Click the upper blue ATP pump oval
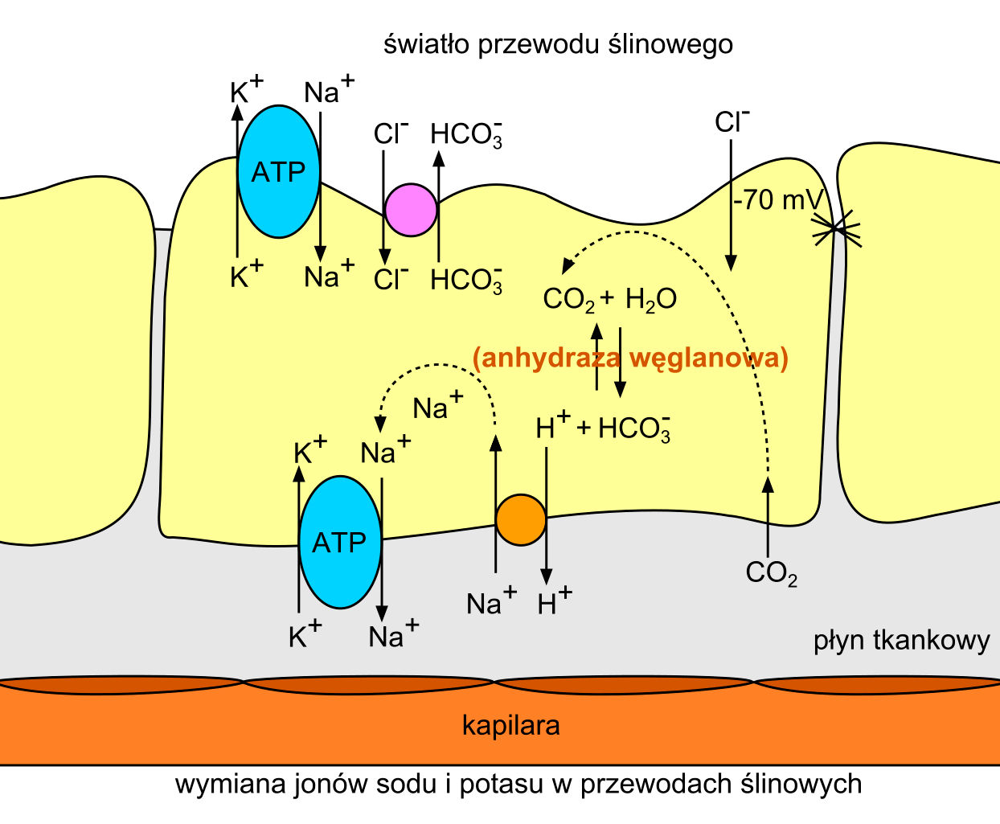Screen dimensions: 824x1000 coord(278,171)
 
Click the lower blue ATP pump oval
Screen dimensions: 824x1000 coord(339,543)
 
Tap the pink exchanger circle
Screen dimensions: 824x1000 coord(411,210)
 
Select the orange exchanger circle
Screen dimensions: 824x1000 coord(521,520)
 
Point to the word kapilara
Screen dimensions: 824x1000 coord(510,726)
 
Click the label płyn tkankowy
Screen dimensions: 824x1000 coord(901,641)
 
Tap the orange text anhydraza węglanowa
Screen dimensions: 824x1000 coord(630,357)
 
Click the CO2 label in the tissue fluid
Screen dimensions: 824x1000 coord(771,573)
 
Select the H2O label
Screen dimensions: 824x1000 coord(650,300)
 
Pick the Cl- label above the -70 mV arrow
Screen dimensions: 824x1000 coord(732,121)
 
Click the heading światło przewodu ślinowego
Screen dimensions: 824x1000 coord(558,43)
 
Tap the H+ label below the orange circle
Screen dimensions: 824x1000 coord(554,601)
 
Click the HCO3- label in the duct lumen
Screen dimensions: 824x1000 coord(467,133)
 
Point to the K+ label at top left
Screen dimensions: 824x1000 coord(245,90)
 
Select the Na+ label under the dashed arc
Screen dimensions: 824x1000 coord(437,407)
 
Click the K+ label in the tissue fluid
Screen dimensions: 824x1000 coord(305,635)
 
